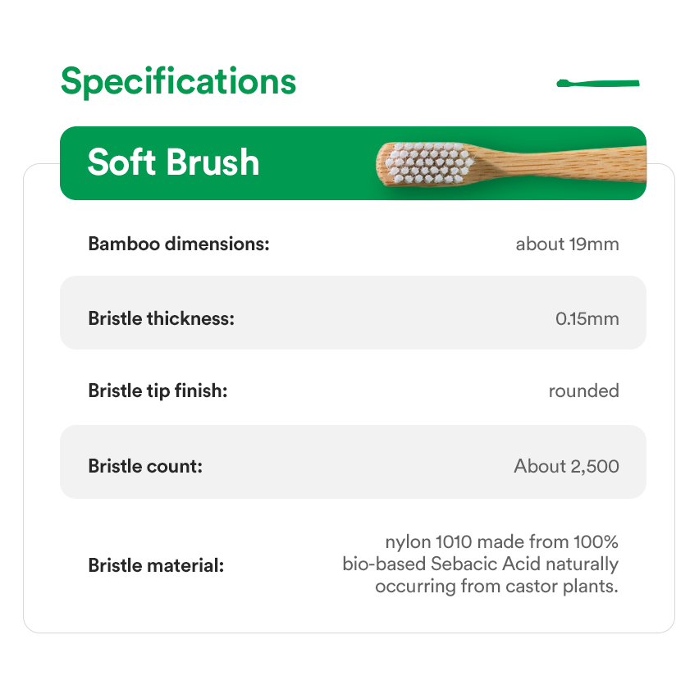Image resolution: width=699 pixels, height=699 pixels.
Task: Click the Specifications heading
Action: point(178,81)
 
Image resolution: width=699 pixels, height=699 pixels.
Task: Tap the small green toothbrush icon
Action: point(598,84)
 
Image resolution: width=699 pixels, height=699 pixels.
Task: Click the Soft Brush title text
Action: point(173,162)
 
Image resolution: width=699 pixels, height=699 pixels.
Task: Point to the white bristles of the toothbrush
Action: point(429,163)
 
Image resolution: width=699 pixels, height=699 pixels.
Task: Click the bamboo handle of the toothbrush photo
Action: point(562,163)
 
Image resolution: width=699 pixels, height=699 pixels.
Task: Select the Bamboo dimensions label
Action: point(179,244)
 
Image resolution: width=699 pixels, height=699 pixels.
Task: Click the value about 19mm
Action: point(567,244)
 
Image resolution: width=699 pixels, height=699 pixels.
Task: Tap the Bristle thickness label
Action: point(162,319)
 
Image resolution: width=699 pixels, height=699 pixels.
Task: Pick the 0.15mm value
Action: point(587,319)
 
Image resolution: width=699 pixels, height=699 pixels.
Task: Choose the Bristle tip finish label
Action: point(158,391)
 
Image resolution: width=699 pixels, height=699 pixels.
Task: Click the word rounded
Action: point(583,391)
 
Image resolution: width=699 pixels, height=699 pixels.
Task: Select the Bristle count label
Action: point(145,466)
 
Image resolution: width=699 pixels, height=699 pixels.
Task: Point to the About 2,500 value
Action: point(567,466)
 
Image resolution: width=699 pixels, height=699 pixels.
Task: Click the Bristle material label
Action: point(156,565)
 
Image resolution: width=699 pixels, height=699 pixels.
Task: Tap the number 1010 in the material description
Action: point(454,542)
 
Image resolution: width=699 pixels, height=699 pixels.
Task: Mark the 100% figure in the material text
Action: point(596,542)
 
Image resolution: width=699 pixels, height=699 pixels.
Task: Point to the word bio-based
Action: point(384,564)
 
